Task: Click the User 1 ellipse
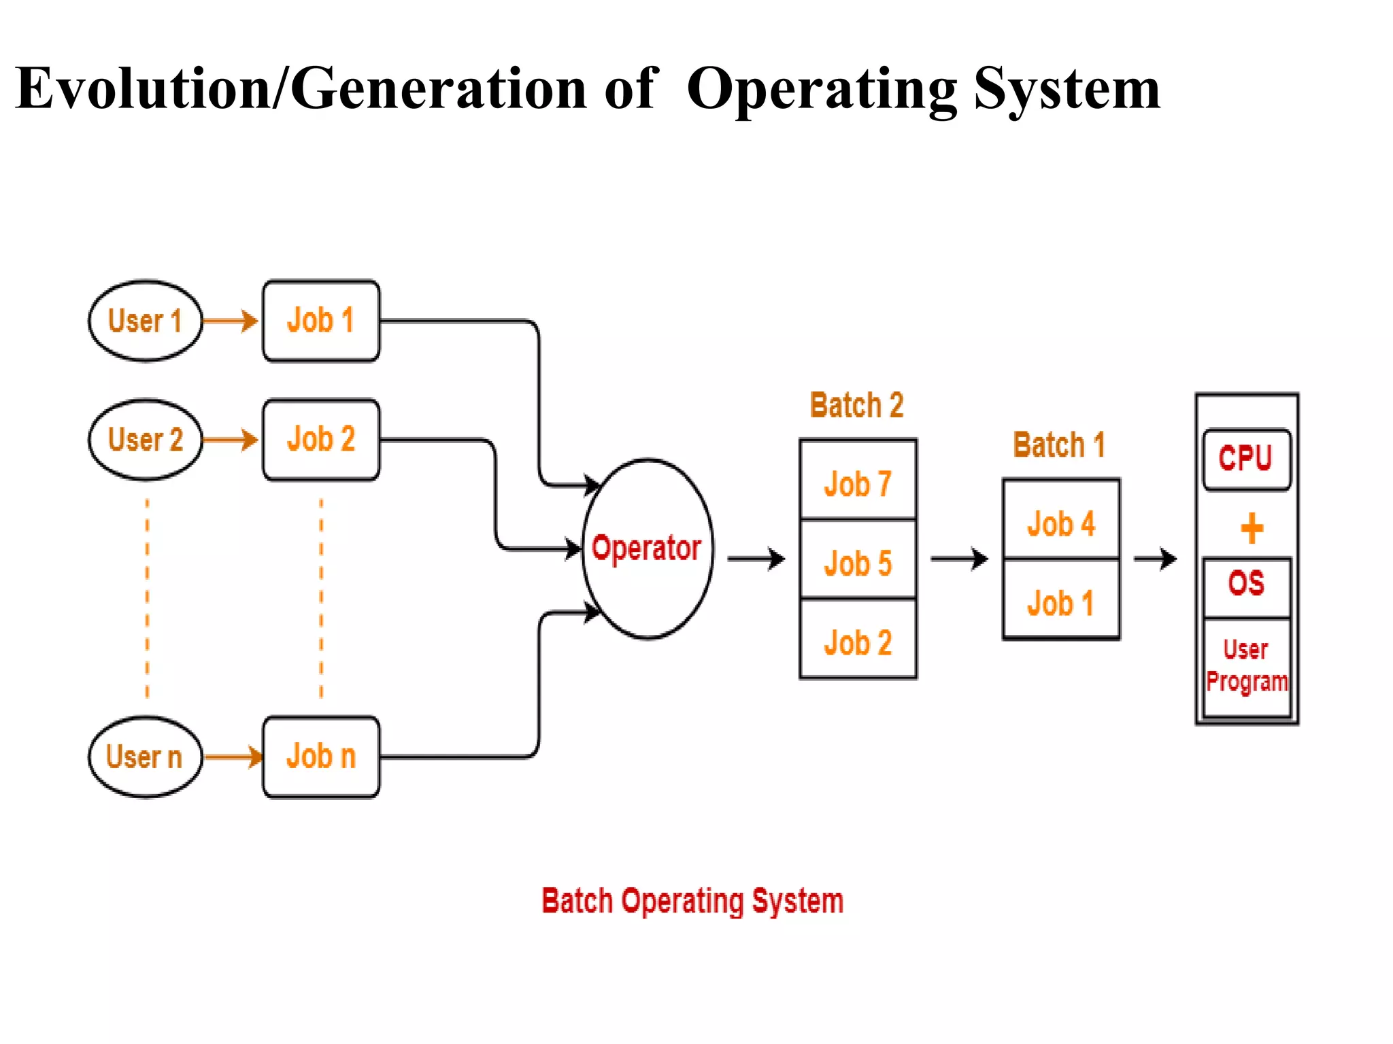coord(145,321)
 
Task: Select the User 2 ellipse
coord(145,440)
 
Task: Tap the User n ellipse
coord(145,756)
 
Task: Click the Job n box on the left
coord(321,756)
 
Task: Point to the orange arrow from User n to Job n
coord(233,756)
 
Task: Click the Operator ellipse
coord(648,548)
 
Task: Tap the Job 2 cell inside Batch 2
coord(858,641)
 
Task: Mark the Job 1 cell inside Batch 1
coord(1060,602)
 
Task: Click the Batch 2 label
coord(856,406)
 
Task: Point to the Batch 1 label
coord(1059,445)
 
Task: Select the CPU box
coord(1246,459)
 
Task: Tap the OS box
coord(1246,585)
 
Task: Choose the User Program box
coord(1246,666)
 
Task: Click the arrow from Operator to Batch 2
coord(756,559)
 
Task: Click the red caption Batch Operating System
coord(692,901)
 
